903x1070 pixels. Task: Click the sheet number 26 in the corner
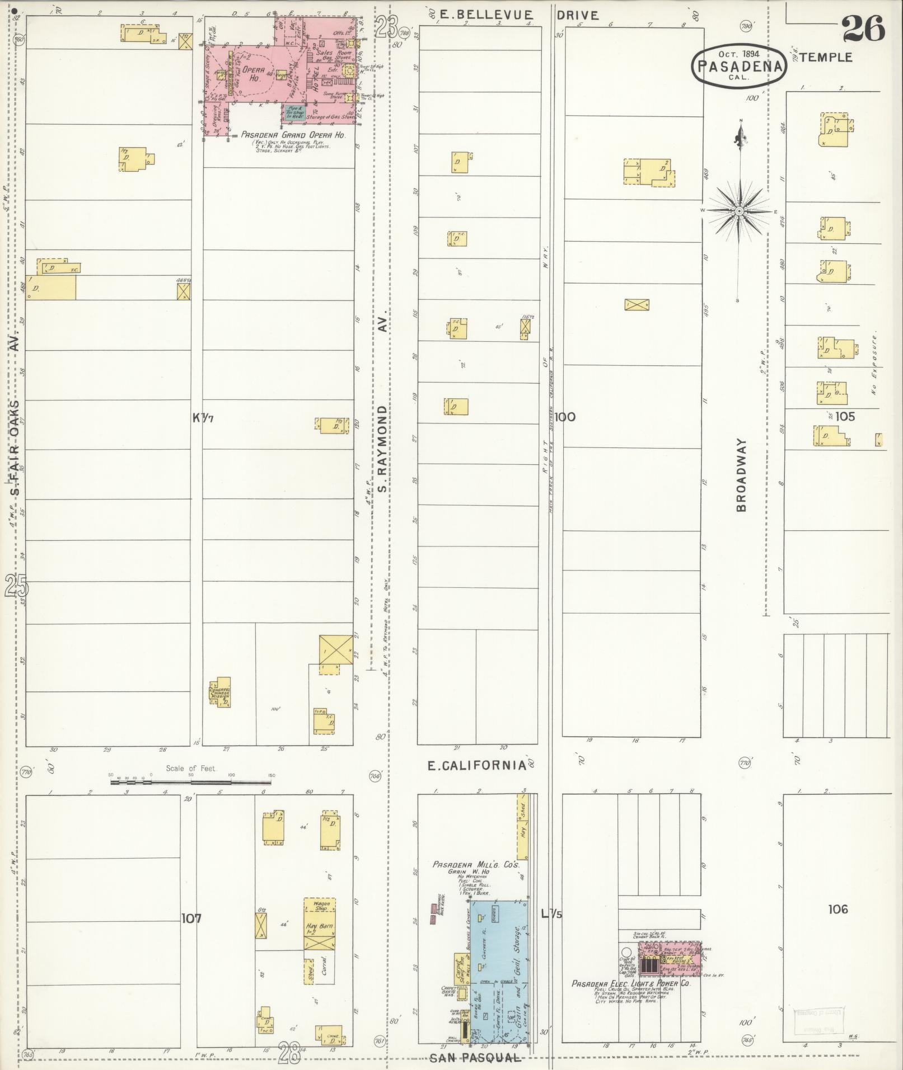863,29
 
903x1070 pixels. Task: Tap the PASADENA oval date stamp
740,65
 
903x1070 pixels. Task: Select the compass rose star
740,211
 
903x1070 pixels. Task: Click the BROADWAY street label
742,475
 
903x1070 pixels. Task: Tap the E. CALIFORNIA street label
476,766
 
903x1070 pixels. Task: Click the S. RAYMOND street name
382,449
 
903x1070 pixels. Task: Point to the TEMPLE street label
826,57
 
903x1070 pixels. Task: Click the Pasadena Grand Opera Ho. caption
293,135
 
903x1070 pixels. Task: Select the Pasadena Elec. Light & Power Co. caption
631,983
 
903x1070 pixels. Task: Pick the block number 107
191,918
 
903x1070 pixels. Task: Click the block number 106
838,909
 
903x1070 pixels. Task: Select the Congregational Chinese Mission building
221,694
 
